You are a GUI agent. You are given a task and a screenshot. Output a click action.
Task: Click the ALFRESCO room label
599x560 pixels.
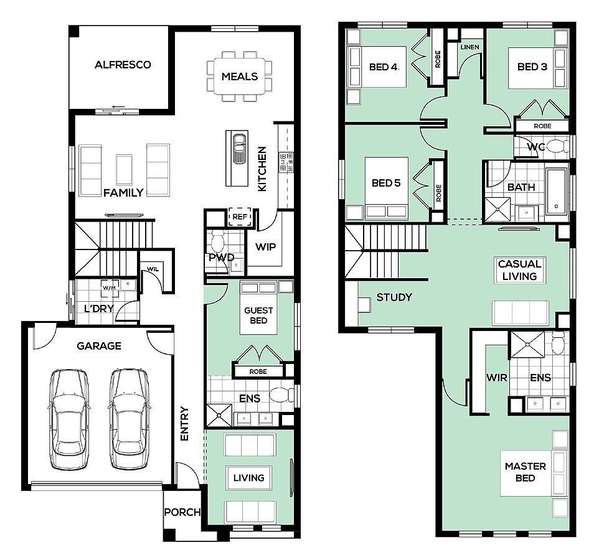coord(123,65)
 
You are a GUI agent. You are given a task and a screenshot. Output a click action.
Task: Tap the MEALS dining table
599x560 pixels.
coord(240,77)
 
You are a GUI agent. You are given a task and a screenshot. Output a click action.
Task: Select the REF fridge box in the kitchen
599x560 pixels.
coord(240,217)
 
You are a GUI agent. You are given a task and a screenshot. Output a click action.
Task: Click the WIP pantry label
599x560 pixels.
coord(265,247)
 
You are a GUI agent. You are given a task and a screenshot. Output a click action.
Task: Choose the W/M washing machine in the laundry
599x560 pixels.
coord(110,288)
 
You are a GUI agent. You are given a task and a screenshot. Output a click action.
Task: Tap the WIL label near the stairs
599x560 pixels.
coord(153,269)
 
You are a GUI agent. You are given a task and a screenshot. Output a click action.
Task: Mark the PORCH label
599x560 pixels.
coord(182,512)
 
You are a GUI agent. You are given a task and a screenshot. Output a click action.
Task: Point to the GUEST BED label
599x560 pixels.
coord(258,315)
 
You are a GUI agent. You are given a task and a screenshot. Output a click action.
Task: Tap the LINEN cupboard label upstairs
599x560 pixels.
coord(470,47)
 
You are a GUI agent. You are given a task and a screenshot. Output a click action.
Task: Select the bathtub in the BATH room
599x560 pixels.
coord(556,191)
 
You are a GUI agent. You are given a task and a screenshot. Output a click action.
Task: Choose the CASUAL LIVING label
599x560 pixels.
coord(519,270)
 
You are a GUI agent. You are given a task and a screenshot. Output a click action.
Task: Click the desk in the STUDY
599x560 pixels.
coord(364,305)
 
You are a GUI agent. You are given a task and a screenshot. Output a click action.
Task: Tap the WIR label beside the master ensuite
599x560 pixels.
coord(497,378)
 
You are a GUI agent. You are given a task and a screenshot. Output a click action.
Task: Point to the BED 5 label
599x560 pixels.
coord(386,183)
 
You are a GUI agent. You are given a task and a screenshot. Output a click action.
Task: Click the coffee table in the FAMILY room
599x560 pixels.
coord(124,169)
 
